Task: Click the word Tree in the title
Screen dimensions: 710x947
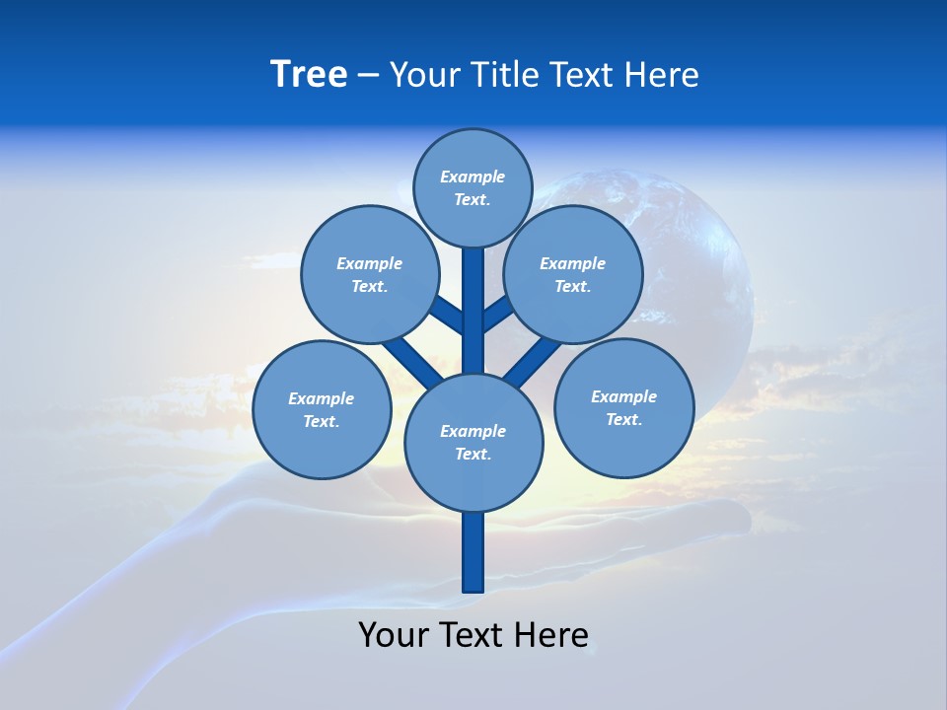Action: point(309,75)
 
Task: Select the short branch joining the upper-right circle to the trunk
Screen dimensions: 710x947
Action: point(497,314)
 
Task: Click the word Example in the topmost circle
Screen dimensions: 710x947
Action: point(473,177)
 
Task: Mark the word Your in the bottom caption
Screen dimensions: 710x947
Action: point(394,634)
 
